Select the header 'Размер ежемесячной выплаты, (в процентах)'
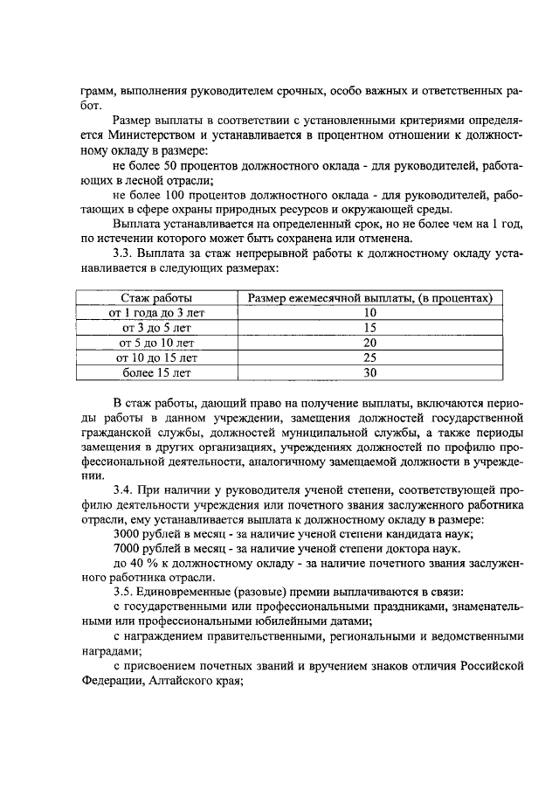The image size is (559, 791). point(369,298)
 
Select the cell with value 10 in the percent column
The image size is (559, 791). point(369,313)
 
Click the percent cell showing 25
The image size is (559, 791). point(369,357)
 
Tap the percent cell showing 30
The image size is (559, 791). point(369,372)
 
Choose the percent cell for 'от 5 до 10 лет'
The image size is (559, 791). point(369,343)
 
